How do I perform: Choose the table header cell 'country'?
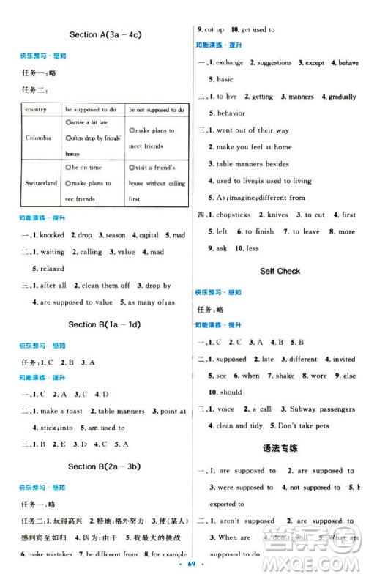36,109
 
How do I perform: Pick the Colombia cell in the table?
38,138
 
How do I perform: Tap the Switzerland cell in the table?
41,183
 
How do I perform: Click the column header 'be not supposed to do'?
156,109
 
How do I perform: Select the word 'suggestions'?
274,63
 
